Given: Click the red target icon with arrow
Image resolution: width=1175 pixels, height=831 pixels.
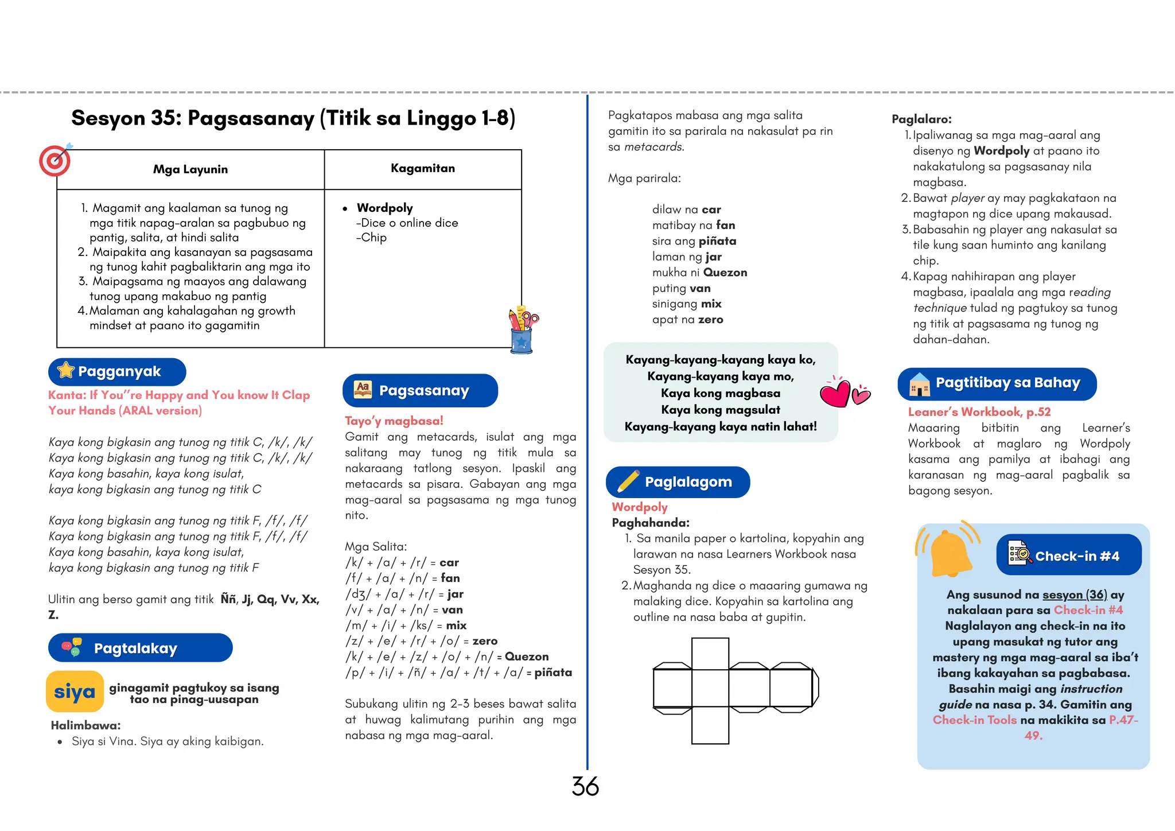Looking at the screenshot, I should click(x=55, y=160).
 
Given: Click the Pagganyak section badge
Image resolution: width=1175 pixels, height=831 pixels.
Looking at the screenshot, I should click(x=117, y=372).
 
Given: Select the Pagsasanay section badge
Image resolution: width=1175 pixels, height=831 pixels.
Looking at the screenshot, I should click(x=420, y=391).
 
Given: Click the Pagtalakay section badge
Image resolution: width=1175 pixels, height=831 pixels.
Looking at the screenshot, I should click(x=140, y=648).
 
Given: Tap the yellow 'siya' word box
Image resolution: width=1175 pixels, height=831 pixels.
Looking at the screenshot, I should click(x=75, y=692).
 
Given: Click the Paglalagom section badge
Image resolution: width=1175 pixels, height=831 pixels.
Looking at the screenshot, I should click(x=678, y=482).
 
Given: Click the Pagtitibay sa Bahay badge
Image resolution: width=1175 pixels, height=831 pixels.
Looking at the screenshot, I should click(x=997, y=383).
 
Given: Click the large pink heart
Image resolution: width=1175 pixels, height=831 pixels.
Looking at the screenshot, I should click(x=835, y=393).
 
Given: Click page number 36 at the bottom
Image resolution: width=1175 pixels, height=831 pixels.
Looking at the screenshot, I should click(x=585, y=787).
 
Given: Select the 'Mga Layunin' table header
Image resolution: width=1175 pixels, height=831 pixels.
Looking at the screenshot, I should click(x=190, y=169).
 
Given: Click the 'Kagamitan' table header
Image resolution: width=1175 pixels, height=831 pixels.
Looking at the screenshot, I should click(x=422, y=168).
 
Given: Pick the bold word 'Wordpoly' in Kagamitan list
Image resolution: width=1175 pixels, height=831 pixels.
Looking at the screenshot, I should click(x=384, y=208).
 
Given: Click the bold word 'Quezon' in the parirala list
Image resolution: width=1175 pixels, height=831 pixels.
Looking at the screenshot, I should click(x=725, y=273).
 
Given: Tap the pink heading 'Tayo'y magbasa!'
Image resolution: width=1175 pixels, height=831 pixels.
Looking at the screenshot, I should click(x=394, y=421).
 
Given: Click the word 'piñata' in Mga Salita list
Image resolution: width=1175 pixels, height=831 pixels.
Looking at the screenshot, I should click(x=553, y=672).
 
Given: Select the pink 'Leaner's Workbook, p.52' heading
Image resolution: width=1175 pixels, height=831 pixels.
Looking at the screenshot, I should click(x=979, y=411).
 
